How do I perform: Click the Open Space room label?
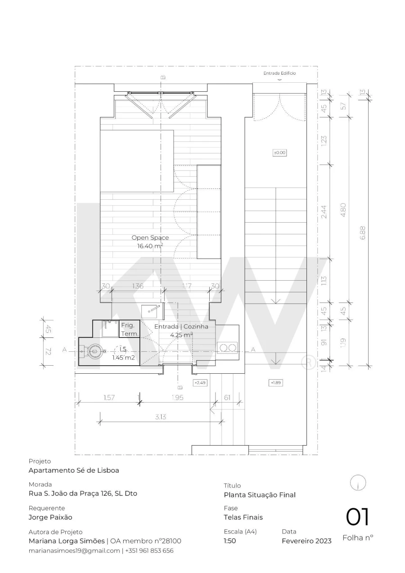click(150, 237)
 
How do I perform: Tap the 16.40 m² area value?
click(150, 246)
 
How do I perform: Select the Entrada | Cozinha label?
click(181, 327)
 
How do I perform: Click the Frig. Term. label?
click(130, 329)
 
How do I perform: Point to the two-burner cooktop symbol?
click(227, 348)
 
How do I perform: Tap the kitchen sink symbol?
click(150, 312)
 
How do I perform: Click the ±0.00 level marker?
click(279, 153)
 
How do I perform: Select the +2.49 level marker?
click(200, 383)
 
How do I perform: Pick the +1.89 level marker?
click(276, 383)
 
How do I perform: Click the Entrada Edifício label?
click(279, 73)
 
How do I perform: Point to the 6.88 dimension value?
click(363, 233)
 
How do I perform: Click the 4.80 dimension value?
click(343, 210)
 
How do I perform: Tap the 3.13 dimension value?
click(160, 417)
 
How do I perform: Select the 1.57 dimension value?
click(109, 398)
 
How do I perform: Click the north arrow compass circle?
click(358, 483)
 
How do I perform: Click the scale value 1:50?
click(230, 541)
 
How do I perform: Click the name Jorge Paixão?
click(50, 517)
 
